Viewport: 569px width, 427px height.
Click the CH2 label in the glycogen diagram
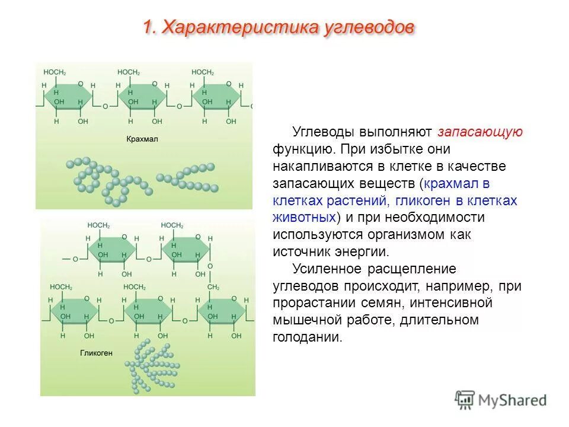[x=213, y=287]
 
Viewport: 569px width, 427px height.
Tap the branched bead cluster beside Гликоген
[x=151, y=366]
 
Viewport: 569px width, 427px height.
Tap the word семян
[x=364, y=303]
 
